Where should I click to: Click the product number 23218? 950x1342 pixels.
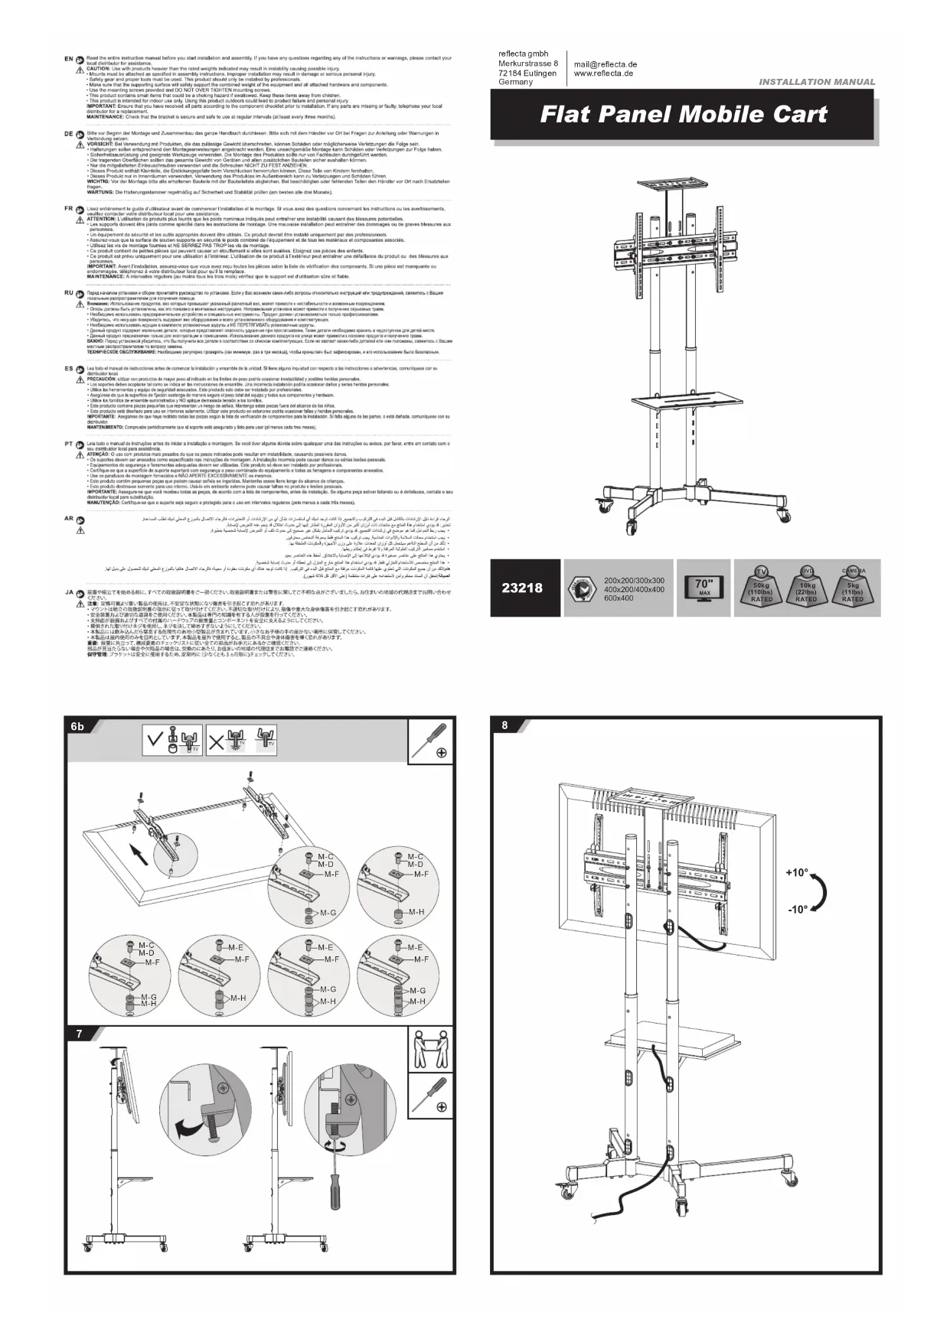[x=522, y=588]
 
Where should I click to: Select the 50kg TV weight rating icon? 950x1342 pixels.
[x=762, y=588]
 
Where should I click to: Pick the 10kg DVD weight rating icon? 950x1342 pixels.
[x=806, y=588]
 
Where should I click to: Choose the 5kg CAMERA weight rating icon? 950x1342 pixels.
[x=853, y=588]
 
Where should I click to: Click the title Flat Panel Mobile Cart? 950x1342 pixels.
[x=684, y=115]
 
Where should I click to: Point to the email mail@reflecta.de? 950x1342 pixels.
[x=606, y=64]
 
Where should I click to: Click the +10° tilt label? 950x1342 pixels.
[x=797, y=872]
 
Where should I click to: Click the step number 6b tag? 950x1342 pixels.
[x=77, y=726]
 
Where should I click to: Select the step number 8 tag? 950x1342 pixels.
[x=504, y=725]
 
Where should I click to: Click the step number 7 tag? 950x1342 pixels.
[x=78, y=1034]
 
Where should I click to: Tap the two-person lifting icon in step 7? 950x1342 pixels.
[x=429, y=1049]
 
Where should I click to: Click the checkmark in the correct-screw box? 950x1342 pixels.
[x=155, y=741]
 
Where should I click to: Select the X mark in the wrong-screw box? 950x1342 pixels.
[x=217, y=741]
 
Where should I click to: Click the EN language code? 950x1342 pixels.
[x=68, y=59]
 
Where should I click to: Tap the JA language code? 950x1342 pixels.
[x=68, y=591]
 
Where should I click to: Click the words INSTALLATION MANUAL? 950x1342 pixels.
[x=817, y=82]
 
